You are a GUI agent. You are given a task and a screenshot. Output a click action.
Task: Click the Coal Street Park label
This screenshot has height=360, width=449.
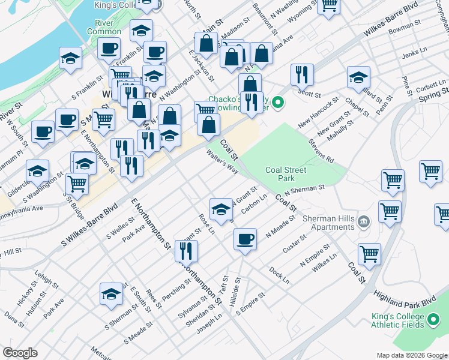tap(286, 174)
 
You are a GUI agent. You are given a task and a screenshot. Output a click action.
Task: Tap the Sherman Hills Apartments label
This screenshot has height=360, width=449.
tap(328, 223)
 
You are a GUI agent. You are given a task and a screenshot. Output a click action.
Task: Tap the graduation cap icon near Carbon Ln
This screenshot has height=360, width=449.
tap(221, 209)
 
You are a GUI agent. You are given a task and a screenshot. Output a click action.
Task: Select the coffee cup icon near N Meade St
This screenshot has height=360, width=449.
tap(244, 239)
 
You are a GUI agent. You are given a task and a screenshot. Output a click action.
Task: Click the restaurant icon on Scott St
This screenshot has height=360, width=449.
tap(300, 74)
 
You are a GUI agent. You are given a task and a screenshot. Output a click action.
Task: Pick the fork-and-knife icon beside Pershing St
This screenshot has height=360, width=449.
tap(187, 251)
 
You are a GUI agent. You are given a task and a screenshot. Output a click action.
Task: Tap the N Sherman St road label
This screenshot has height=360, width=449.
tap(304, 189)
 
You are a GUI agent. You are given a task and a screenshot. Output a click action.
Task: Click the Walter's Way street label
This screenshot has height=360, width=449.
tap(222, 162)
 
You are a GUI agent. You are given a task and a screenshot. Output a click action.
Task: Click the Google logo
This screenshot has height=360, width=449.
tap(20, 353)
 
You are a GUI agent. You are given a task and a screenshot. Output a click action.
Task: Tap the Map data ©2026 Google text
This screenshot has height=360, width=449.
tap(411, 355)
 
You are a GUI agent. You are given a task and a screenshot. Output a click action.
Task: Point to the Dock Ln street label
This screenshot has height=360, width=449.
tap(279, 276)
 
